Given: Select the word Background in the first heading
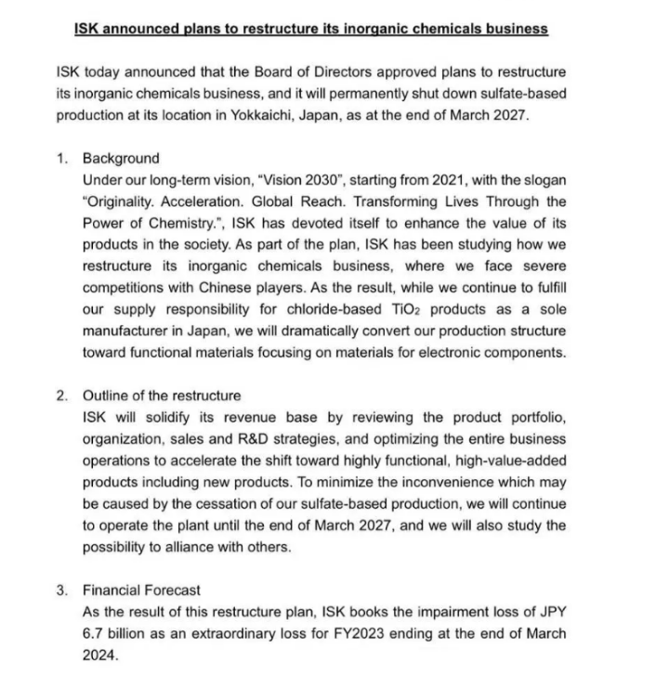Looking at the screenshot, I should click(x=121, y=158).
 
